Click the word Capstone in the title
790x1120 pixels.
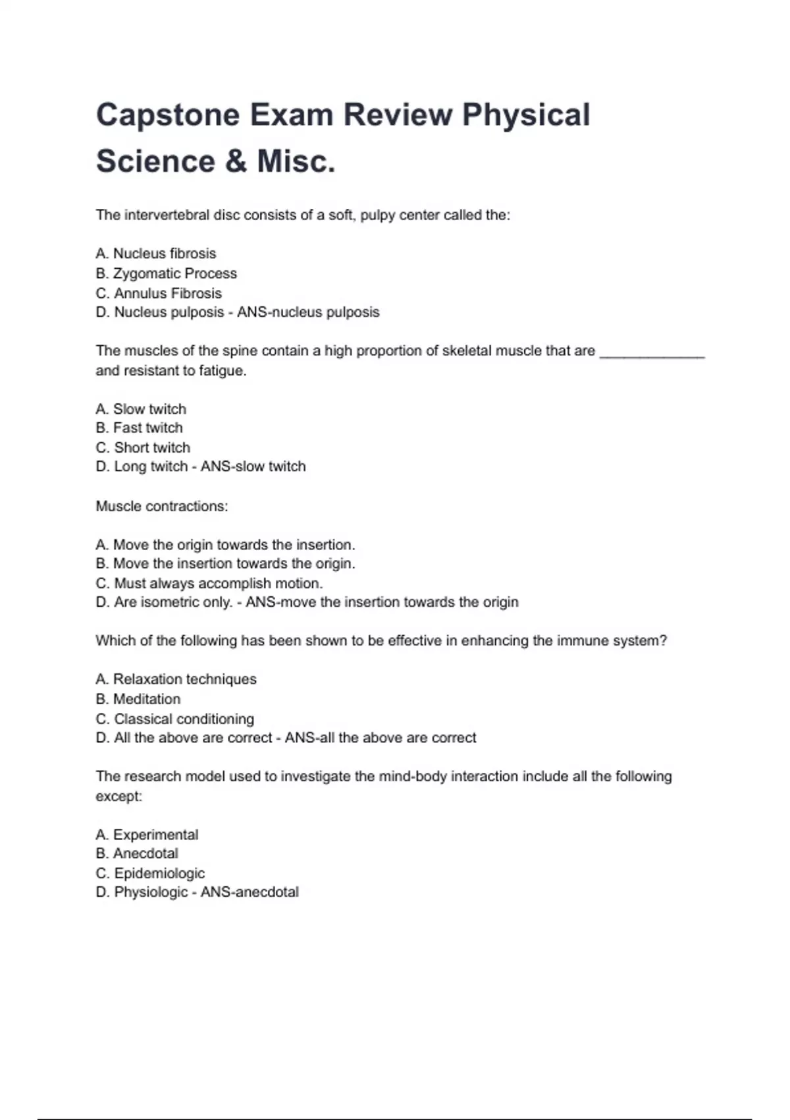(168, 115)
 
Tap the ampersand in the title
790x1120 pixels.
(235, 161)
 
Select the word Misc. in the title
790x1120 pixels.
(296, 161)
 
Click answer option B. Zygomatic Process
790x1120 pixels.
(166, 273)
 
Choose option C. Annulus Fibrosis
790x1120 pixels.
(159, 293)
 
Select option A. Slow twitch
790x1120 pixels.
(141, 409)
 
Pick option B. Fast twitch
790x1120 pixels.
(139, 428)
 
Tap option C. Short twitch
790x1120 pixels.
(143, 448)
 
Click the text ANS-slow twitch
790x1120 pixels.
(253, 466)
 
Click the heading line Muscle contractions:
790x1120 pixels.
(162, 506)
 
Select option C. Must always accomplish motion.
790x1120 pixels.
(209, 584)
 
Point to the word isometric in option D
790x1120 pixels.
(168, 602)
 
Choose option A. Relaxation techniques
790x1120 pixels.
(176, 679)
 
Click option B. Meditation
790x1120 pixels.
(138, 699)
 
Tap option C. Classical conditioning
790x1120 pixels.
(174, 719)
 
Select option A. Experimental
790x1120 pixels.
(147, 835)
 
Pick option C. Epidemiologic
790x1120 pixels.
(150, 874)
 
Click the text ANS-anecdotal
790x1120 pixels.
(250, 892)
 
